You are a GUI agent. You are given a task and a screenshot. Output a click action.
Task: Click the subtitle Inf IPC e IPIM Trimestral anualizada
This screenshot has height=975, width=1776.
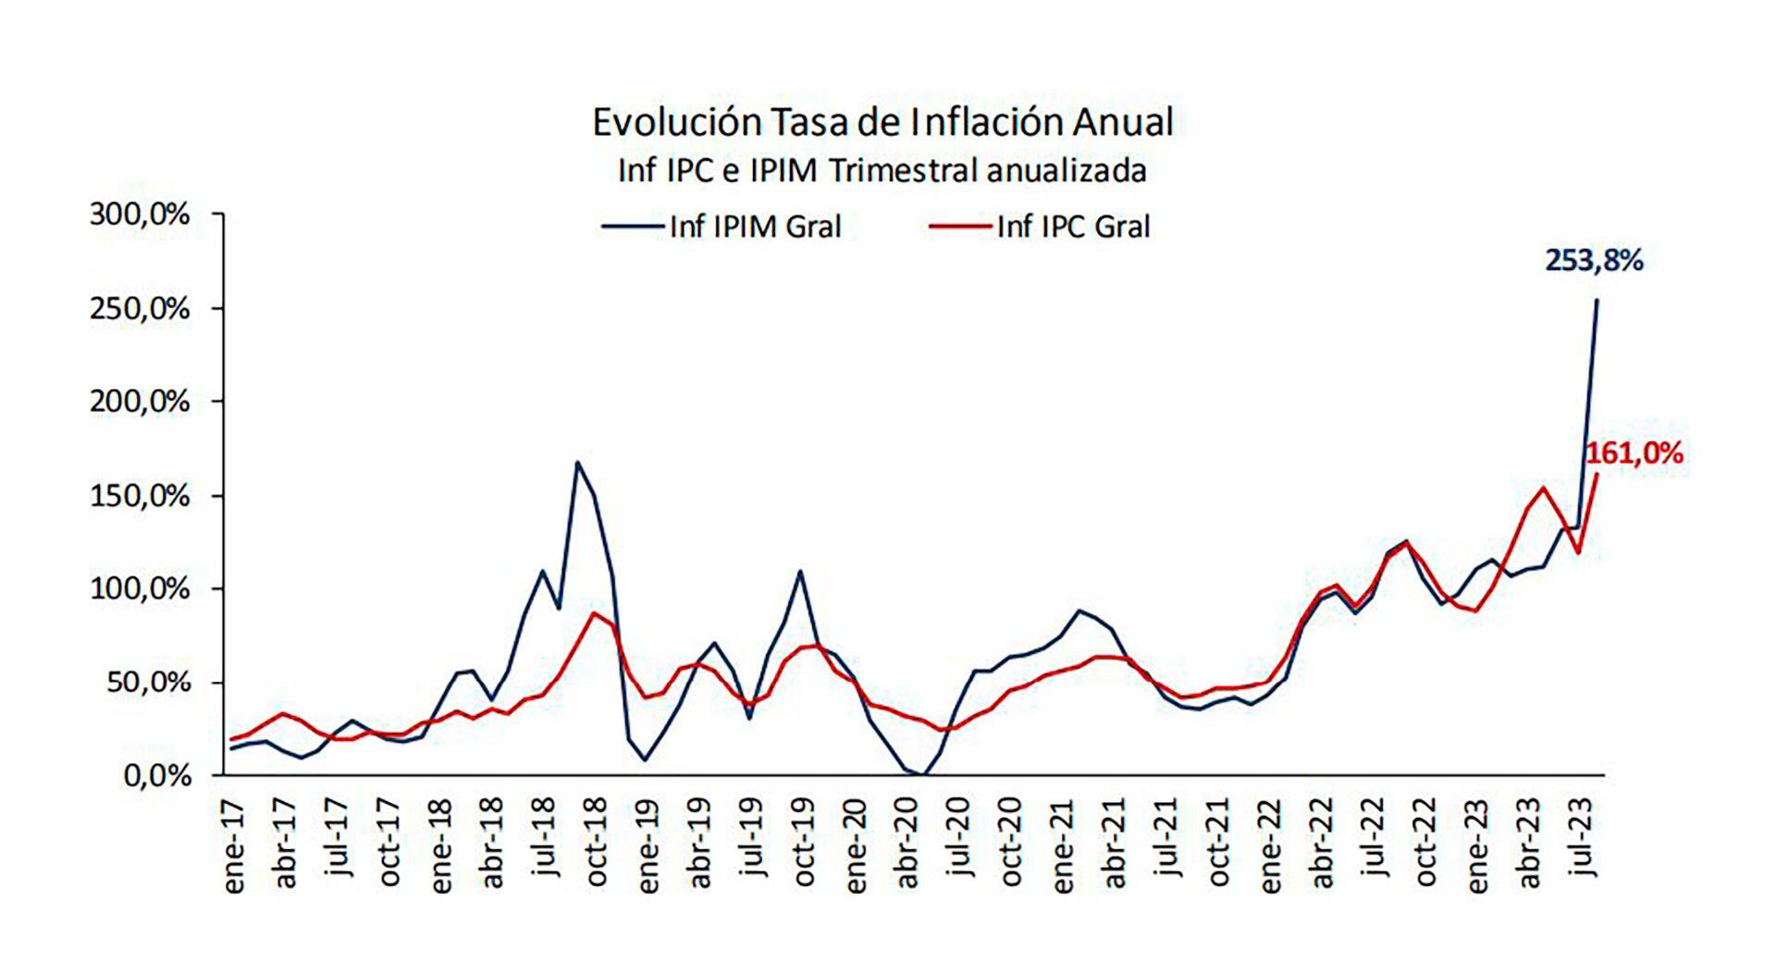click(x=882, y=171)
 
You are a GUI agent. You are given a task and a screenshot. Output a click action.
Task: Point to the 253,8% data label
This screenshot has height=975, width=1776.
click(x=1594, y=262)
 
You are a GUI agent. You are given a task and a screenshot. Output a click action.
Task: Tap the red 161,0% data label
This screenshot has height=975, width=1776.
click(x=1634, y=454)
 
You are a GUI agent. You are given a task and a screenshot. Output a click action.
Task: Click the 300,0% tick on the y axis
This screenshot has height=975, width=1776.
click(x=140, y=215)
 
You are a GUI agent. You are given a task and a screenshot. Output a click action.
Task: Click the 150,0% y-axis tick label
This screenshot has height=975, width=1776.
click(x=140, y=496)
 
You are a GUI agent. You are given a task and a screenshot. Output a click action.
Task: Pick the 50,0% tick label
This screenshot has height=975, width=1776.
click(x=148, y=683)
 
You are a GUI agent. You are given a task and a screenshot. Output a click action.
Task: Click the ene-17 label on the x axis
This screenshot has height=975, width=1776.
click(x=234, y=846)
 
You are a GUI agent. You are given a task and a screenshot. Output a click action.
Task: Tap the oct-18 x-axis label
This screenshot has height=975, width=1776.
click(x=597, y=846)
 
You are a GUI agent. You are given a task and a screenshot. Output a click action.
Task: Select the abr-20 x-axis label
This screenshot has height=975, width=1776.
click(x=907, y=846)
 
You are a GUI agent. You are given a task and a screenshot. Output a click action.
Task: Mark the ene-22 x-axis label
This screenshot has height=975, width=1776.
click(x=1271, y=846)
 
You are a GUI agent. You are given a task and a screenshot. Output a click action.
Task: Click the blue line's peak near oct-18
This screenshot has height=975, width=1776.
click(x=577, y=463)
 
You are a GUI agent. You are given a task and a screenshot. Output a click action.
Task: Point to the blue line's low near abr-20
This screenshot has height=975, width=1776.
click(x=923, y=774)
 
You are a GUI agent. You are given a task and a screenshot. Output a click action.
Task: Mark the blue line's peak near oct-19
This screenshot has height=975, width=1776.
click(x=800, y=571)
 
